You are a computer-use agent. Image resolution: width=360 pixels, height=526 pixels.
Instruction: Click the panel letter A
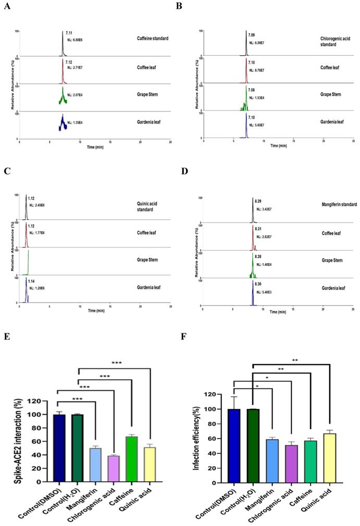[x=8, y=8]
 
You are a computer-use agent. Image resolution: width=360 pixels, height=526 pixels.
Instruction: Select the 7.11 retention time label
[x=69, y=32]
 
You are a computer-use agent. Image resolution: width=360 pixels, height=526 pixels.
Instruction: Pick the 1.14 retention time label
[x=31, y=281]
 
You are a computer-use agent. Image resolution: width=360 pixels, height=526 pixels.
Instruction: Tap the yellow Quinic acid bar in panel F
[x=329, y=458]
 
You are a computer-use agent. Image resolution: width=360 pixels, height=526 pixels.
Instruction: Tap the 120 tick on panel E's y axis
[x=34, y=401]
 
